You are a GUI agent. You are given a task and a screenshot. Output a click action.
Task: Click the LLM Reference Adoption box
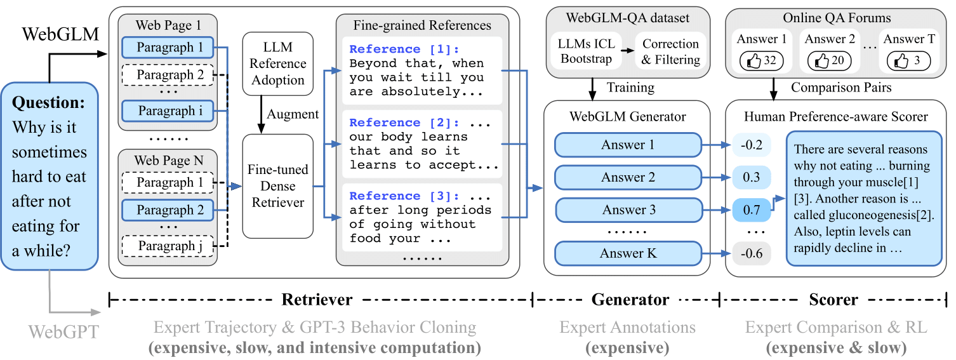[277, 63]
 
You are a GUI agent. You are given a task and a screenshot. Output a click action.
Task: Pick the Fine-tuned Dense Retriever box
[277, 186]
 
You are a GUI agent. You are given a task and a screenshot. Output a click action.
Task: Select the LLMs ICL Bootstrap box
[586, 51]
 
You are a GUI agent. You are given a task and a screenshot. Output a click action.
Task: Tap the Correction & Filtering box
[670, 51]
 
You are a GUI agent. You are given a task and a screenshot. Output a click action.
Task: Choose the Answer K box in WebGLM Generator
[628, 253]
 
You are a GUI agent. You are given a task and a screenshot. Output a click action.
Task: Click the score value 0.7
[752, 210]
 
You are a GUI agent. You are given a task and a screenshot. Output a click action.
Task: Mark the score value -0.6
[752, 254]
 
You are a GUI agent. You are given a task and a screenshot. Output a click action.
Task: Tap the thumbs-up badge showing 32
[761, 61]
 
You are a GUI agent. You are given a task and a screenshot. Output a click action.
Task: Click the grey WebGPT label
[63, 331]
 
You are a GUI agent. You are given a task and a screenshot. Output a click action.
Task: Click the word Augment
[293, 114]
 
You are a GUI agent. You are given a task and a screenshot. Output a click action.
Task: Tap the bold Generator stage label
[630, 300]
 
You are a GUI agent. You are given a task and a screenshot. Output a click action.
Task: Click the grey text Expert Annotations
[627, 328]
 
